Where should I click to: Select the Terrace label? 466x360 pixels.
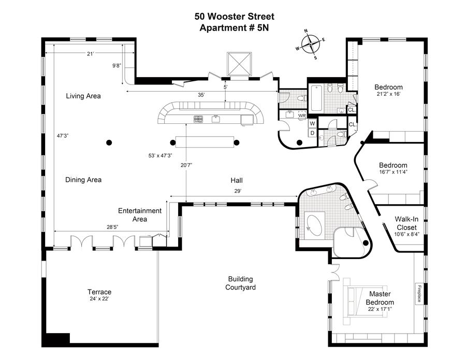[x=99, y=292]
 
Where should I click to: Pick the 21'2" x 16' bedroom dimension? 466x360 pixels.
[x=388, y=95]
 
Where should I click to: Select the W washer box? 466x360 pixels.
[x=312, y=123]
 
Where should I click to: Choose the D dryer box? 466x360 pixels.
[x=312, y=133]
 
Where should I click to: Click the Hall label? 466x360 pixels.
[x=237, y=181]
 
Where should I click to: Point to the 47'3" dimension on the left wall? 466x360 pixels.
[x=63, y=136]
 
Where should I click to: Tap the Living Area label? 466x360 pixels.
[x=83, y=96]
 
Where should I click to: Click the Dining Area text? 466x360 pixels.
[x=83, y=180]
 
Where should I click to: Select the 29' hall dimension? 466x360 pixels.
[x=237, y=191]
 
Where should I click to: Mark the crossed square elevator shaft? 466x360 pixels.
[x=240, y=64]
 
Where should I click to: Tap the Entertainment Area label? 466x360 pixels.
[x=140, y=214]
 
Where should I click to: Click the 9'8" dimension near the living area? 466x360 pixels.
[x=116, y=66]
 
